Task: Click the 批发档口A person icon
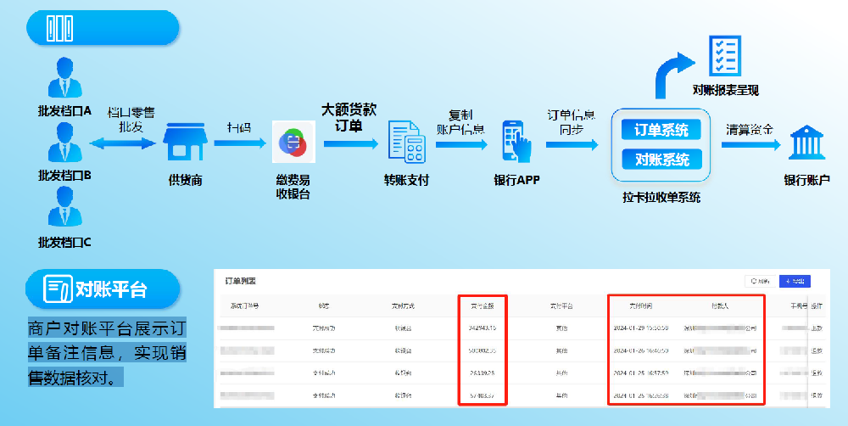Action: click(64, 78)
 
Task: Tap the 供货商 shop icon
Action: click(185, 143)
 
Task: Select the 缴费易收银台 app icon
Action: click(293, 142)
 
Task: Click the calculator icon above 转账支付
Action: click(406, 142)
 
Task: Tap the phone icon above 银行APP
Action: click(517, 142)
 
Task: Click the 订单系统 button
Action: click(661, 130)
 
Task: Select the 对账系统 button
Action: click(661, 159)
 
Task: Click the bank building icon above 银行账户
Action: click(806, 143)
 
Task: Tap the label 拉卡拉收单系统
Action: click(661, 198)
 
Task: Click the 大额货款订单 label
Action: click(349, 118)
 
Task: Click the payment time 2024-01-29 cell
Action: click(640, 327)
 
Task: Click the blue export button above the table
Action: click(795, 281)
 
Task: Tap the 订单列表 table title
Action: click(240, 281)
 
